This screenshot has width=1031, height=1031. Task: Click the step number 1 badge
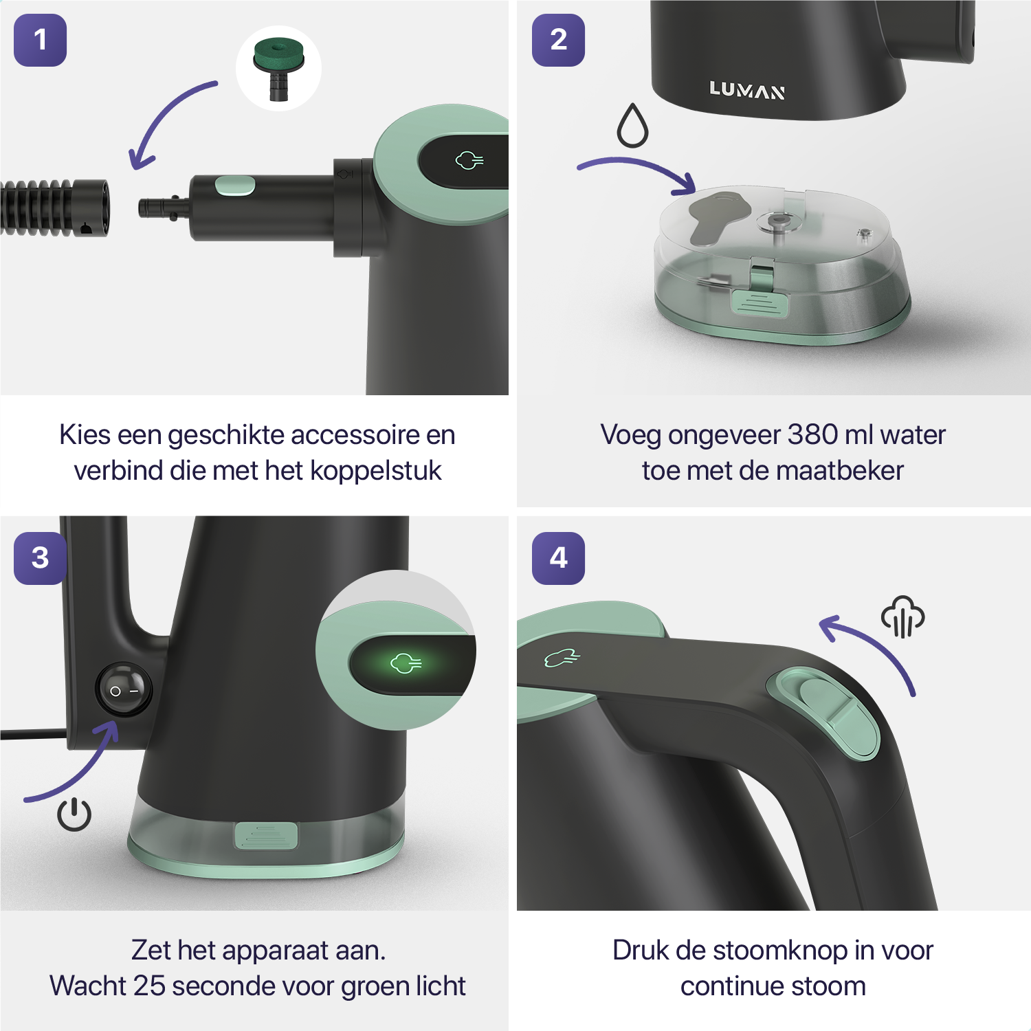(x=41, y=40)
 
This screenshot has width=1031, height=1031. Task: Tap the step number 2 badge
(x=559, y=40)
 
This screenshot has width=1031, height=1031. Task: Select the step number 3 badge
(x=41, y=558)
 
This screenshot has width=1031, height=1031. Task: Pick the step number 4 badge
(x=559, y=558)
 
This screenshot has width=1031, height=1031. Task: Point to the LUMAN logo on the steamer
(x=747, y=90)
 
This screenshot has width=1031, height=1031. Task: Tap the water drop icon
(x=632, y=125)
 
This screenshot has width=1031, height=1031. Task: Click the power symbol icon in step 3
(x=74, y=814)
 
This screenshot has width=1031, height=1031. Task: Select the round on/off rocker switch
(x=124, y=690)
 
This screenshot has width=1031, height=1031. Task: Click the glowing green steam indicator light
(x=406, y=663)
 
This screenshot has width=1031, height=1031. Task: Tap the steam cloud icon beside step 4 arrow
(x=903, y=617)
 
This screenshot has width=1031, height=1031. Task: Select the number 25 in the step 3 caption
(x=149, y=986)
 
